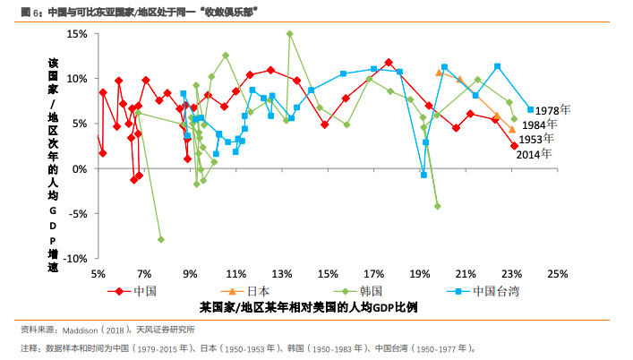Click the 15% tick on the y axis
tap(76, 33)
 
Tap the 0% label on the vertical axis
tap(79, 168)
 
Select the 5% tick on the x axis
tap(98, 273)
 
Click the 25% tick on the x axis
tap(558, 273)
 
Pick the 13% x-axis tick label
tap(282, 273)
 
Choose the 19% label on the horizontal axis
tap(420, 273)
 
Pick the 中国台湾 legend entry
tap(496, 290)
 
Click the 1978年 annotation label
tap(564, 110)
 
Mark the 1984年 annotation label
tap(540, 124)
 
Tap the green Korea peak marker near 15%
tap(289, 34)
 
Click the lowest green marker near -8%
tap(161, 239)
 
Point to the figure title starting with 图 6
tap(134, 11)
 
